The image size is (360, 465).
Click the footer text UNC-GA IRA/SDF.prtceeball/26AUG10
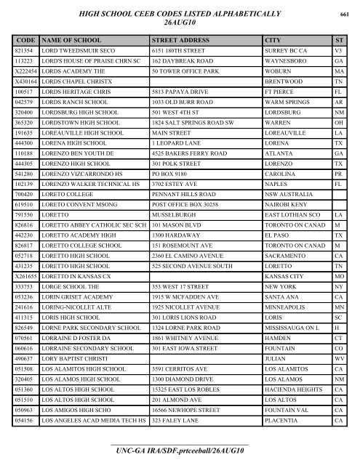tap(180, 452)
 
